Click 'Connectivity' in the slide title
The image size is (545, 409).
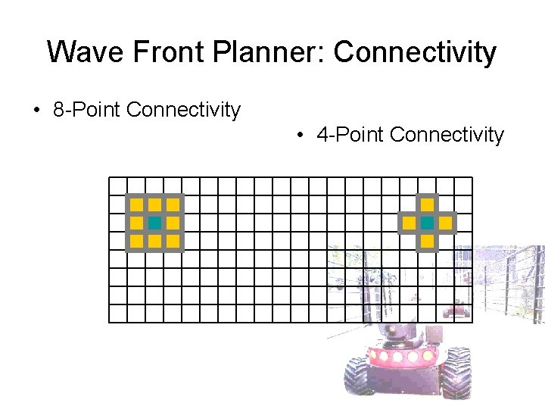(x=414, y=52)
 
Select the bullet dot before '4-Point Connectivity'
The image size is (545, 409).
(x=301, y=136)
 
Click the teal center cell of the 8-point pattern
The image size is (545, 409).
(x=154, y=223)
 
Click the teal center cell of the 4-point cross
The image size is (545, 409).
(x=427, y=223)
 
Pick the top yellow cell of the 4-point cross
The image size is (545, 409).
(x=427, y=204)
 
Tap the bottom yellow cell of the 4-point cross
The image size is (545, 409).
(x=427, y=241)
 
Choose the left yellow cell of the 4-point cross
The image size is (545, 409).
(x=409, y=223)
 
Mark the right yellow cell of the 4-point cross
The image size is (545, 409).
(x=445, y=223)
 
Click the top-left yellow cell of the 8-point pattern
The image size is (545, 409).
(x=136, y=204)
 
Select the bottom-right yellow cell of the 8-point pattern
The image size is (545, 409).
(x=173, y=241)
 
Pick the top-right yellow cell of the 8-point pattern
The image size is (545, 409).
(x=173, y=204)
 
